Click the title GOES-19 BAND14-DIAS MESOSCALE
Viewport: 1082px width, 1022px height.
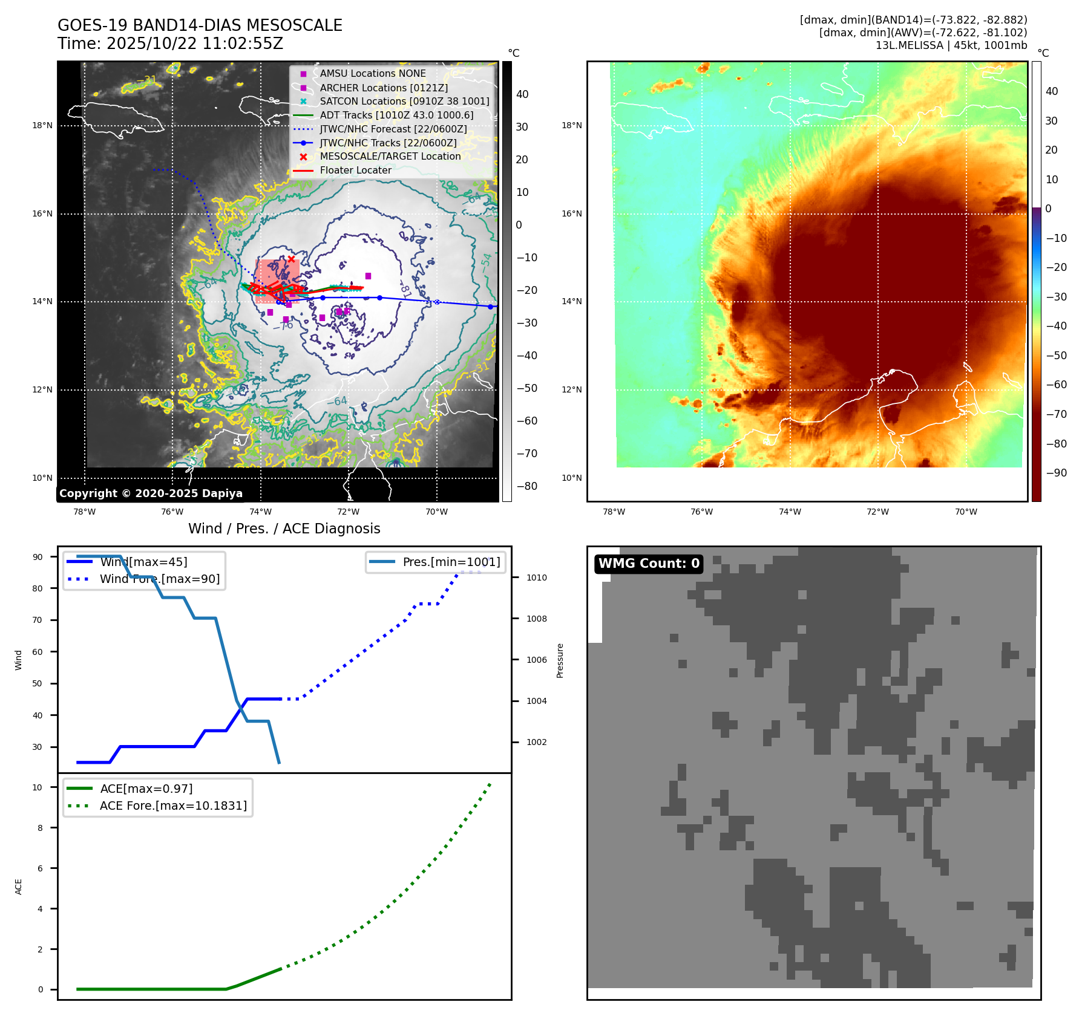coord(200,25)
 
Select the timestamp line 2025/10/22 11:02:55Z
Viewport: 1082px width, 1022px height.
coord(170,44)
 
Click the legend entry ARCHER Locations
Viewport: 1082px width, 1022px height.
coord(384,88)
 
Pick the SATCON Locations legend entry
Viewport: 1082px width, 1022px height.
coord(404,101)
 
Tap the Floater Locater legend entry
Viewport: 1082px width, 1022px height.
coord(355,170)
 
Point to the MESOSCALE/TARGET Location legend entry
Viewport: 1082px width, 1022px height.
coord(390,156)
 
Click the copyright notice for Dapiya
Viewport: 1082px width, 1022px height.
coord(151,493)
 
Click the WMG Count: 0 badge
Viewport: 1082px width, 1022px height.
coord(649,564)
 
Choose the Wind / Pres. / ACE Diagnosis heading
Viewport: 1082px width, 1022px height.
coord(284,529)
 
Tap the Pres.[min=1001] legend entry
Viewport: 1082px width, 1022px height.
coord(451,562)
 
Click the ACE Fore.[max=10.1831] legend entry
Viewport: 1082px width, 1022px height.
coord(173,806)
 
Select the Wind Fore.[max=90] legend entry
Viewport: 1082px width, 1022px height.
coord(160,579)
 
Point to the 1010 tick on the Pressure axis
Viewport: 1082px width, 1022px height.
coord(536,578)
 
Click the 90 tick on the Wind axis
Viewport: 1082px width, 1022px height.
coord(38,557)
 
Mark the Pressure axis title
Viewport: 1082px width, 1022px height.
coord(560,660)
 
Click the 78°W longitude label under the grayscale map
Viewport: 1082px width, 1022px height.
coord(84,512)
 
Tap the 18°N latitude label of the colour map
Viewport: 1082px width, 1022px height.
coord(571,126)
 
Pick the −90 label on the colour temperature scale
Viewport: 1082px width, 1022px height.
coord(1056,473)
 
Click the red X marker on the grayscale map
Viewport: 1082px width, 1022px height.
coord(291,259)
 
